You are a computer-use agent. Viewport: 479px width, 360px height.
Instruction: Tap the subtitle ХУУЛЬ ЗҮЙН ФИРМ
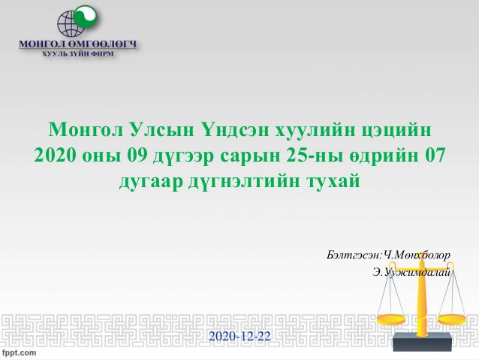click(77, 54)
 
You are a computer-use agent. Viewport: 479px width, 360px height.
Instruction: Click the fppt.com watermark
click(20, 352)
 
